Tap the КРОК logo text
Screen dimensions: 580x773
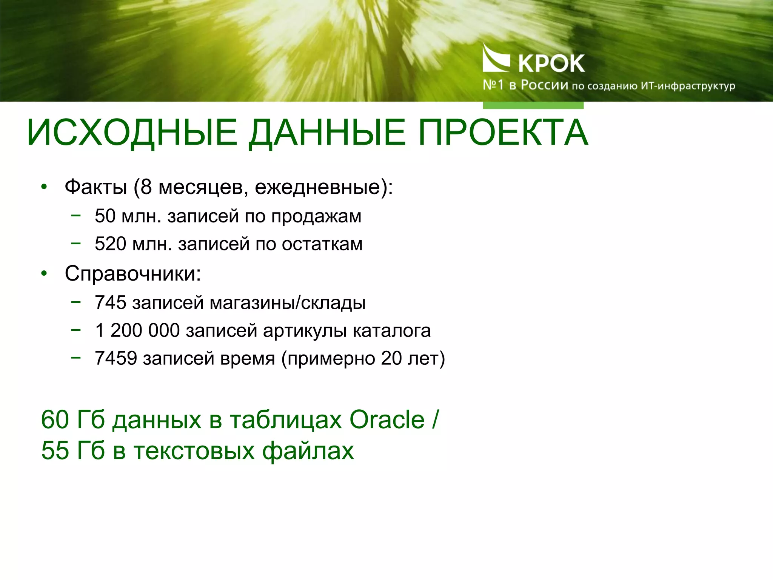[x=551, y=63]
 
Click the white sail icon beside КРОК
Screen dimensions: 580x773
[x=495, y=59]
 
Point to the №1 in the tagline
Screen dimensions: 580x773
[x=493, y=85]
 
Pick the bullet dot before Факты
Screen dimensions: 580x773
[x=44, y=187]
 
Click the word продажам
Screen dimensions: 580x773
[x=316, y=216]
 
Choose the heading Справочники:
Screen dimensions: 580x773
[x=133, y=273]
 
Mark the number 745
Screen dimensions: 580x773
[x=110, y=302]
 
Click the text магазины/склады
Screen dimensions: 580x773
[x=288, y=302]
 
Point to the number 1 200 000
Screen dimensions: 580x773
[x=137, y=330]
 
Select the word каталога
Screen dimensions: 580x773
[x=392, y=330]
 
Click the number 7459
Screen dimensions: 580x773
[x=115, y=358]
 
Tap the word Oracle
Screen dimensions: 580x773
[x=387, y=420]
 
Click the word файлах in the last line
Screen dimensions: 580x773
[x=308, y=450]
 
